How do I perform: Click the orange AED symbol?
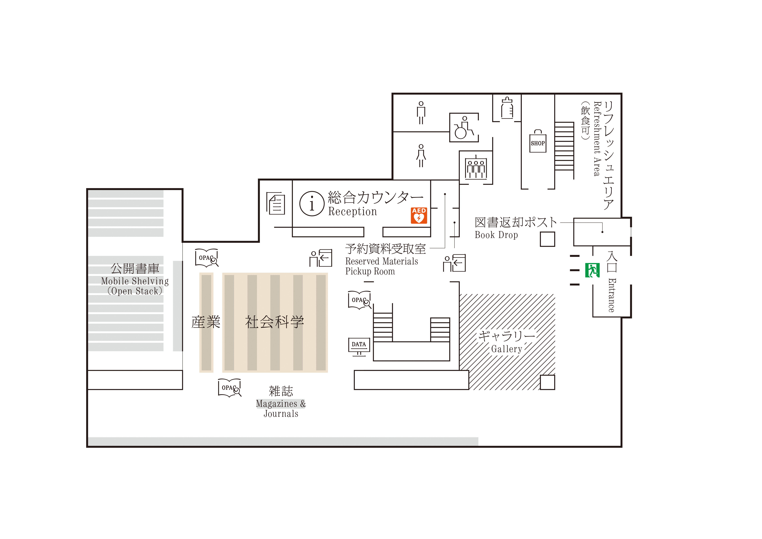[x=419, y=216]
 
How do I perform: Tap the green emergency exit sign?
[x=592, y=270]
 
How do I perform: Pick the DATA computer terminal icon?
[x=359, y=347]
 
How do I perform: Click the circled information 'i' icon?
[x=312, y=203]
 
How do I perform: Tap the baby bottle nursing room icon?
[x=507, y=108]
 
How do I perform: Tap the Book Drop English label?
[x=496, y=235]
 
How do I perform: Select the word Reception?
[x=353, y=211]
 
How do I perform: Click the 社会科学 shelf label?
[x=274, y=322]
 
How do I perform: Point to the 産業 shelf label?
[x=206, y=322]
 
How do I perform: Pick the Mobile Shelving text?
[x=135, y=281]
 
